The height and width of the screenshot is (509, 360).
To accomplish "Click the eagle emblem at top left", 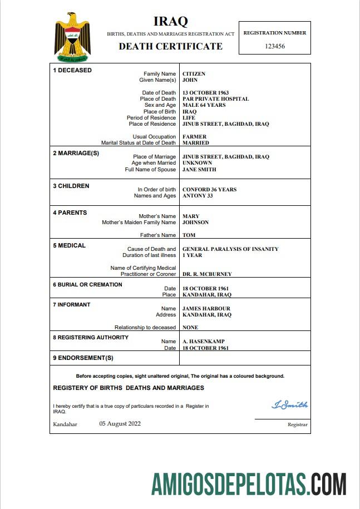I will [72, 37].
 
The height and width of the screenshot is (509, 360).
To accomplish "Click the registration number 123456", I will [275, 46].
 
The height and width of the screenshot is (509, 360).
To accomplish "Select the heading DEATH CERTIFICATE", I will [170, 46].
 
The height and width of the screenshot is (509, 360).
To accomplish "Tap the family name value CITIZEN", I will [194, 74].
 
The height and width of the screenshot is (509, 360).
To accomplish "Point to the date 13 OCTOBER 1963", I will [205, 93].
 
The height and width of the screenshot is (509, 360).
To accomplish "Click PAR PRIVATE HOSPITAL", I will [215, 99].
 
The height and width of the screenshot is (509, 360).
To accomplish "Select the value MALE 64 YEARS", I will [204, 105].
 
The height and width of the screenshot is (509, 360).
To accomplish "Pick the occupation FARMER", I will [194, 137].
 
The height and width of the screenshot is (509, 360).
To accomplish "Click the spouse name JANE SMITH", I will [199, 170].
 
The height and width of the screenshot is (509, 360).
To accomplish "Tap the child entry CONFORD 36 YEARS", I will [209, 190].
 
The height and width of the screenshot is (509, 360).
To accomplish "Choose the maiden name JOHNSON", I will [195, 223].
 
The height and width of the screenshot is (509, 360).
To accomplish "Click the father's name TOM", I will [189, 235].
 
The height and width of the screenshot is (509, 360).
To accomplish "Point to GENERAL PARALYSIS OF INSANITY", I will [230, 249].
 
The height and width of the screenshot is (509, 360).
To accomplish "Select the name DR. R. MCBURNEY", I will [207, 274].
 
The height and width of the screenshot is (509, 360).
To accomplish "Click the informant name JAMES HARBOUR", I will [206, 309].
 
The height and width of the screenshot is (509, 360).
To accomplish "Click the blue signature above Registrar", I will [289, 405].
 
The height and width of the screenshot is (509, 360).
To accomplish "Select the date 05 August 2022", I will [120, 424].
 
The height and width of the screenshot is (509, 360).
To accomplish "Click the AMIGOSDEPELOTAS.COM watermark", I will [249, 484].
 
